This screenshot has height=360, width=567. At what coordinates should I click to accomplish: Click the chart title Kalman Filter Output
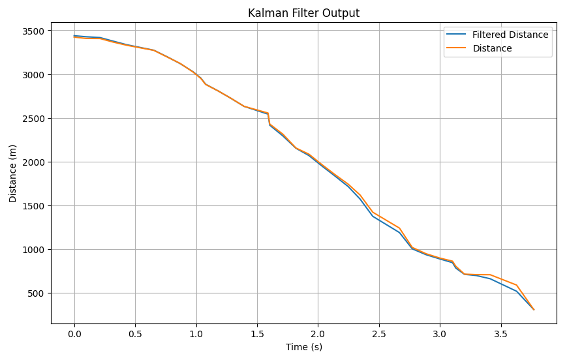303,13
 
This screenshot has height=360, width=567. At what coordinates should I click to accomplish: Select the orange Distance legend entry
492,48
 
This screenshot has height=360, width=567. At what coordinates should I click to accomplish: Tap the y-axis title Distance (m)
13,173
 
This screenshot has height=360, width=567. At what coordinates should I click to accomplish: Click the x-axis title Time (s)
303,347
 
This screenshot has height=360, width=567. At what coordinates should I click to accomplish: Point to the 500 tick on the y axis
35,293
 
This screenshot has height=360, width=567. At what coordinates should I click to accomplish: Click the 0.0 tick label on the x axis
74,334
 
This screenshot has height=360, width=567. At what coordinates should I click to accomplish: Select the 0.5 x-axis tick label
135,334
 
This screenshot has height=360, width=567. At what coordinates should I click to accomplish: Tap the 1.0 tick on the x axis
196,334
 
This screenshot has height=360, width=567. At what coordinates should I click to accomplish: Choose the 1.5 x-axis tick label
257,334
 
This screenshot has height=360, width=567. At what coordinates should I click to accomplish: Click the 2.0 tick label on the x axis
318,334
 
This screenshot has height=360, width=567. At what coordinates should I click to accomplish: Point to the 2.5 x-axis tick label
379,334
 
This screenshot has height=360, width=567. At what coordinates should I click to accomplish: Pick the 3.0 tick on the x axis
440,334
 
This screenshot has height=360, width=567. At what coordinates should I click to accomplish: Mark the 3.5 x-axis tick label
500,334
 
